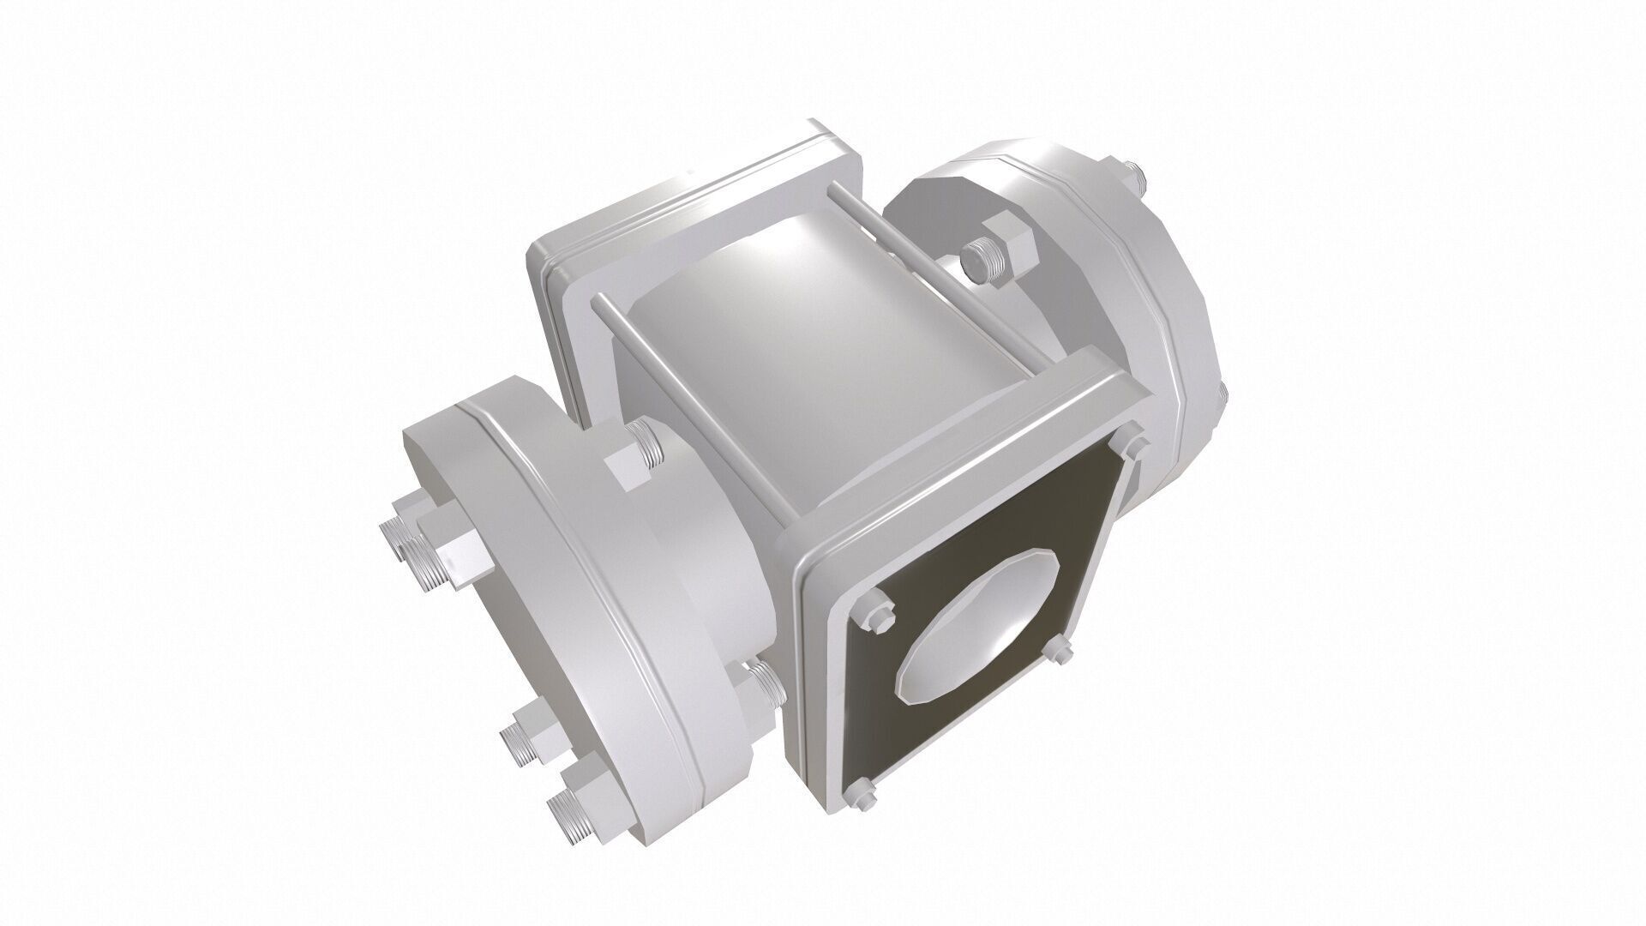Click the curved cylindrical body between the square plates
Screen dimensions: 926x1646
pyautogui.click(x=797, y=343)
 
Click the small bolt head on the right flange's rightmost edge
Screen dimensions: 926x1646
pyautogui.click(x=1222, y=394)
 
